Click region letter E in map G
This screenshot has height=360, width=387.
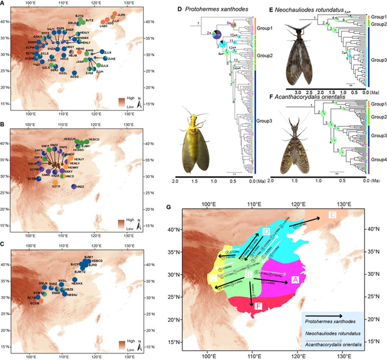tap(332, 216)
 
